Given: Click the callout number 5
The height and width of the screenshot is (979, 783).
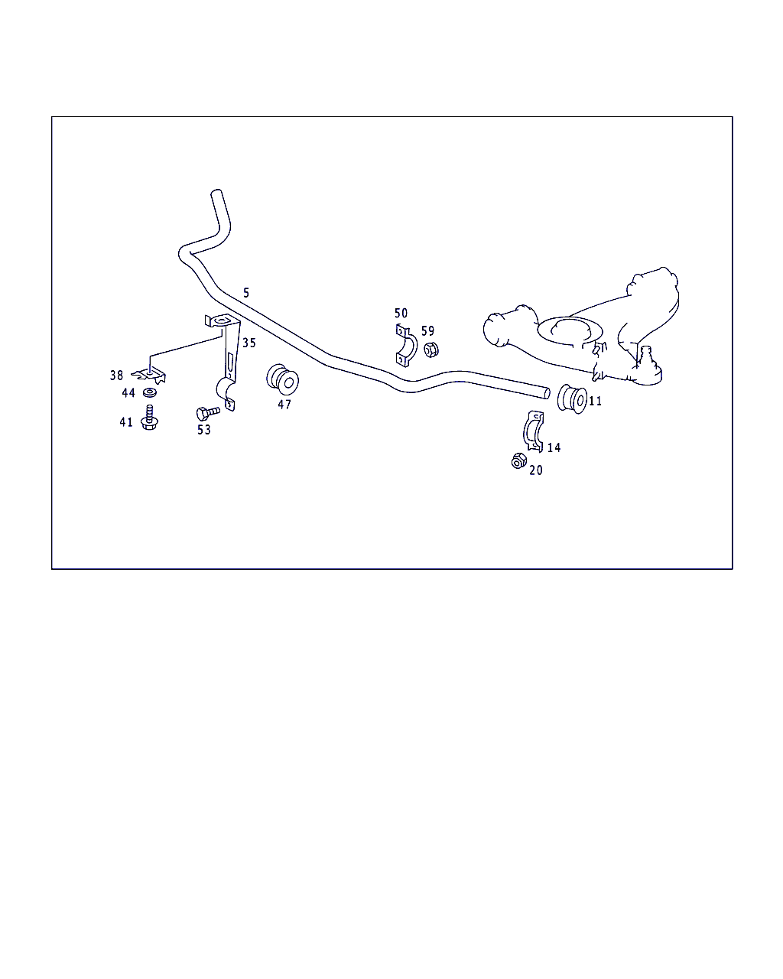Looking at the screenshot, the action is point(246,293).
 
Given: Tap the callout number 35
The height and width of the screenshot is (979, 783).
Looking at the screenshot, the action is point(249,343).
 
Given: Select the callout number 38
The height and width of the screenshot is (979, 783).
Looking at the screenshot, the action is point(116,376).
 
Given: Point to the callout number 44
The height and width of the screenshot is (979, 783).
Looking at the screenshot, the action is point(128,393).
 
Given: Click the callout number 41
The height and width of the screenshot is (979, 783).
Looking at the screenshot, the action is point(126,423).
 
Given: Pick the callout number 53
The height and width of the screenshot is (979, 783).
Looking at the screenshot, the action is point(204,430).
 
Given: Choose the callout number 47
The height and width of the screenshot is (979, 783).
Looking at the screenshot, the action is point(284,405).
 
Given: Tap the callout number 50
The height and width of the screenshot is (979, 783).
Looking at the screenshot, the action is point(401,313).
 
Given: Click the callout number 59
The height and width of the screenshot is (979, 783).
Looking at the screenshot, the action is point(427,330).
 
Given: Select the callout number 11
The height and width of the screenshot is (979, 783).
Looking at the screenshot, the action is point(595,402).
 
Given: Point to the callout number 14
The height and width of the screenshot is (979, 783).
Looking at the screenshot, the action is point(554,447).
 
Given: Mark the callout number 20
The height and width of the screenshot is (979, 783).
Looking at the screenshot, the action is point(536,470).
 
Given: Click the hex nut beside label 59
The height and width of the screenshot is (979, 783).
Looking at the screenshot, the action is point(430,350).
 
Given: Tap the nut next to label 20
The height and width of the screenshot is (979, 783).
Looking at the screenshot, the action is point(518,461).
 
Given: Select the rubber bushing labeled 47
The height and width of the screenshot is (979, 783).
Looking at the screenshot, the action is point(282,379).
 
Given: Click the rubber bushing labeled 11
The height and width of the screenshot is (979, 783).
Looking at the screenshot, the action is point(573,399).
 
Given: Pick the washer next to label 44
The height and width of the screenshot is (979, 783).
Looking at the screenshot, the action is point(150,392).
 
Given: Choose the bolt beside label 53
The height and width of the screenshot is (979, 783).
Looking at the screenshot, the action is point(208,412).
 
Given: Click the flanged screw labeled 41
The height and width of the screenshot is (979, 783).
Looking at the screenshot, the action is point(149,418).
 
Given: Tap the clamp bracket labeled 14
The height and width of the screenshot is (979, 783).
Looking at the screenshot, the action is point(532,431).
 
